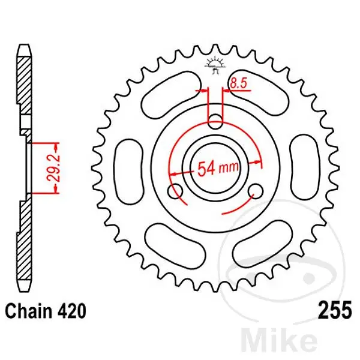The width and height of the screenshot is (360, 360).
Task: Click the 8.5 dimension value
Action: point(238,83)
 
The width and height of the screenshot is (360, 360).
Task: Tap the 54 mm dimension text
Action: point(218,168)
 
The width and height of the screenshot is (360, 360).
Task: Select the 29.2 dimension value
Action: point(54,168)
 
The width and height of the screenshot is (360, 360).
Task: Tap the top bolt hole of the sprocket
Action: point(215,121)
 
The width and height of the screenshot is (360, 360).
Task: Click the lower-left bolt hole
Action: point(175,191)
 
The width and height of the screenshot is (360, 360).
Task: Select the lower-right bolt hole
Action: point(256,191)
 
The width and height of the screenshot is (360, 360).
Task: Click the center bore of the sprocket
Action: point(215,168)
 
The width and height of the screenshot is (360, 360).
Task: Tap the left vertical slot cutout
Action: point(128,172)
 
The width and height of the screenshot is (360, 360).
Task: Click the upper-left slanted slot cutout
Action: point(171,95)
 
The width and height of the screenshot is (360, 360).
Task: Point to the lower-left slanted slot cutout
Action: point(175,247)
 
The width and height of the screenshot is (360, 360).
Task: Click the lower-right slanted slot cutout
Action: point(262,244)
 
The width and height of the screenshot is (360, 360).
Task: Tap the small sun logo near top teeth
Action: point(215,65)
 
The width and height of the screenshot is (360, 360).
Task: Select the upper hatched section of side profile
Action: point(24,86)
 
